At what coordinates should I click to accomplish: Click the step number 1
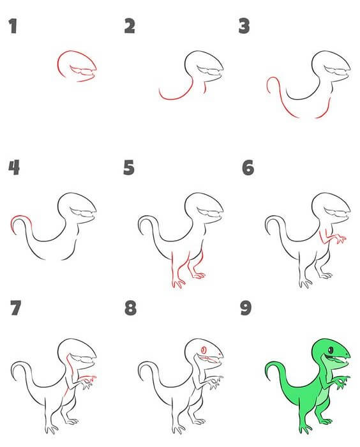[x=13, y=26]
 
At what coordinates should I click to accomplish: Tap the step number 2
[x=130, y=26]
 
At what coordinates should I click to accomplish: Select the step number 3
[x=244, y=26]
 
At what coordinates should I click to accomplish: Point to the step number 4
[x=14, y=167]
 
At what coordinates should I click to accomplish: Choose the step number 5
[x=129, y=167]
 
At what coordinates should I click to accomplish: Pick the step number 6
[x=248, y=167]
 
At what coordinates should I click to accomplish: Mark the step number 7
[x=16, y=308]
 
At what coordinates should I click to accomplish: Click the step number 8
[x=131, y=308]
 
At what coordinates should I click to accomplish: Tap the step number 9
[x=246, y=308]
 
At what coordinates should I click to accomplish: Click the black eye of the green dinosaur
[x=331, y=349]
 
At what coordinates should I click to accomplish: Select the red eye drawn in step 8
[x=204, y=350]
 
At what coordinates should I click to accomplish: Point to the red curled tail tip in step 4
[x=18, y=220]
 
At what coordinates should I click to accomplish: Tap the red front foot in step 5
[x=179, y=284]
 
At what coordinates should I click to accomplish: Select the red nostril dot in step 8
[x=220, y=354]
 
